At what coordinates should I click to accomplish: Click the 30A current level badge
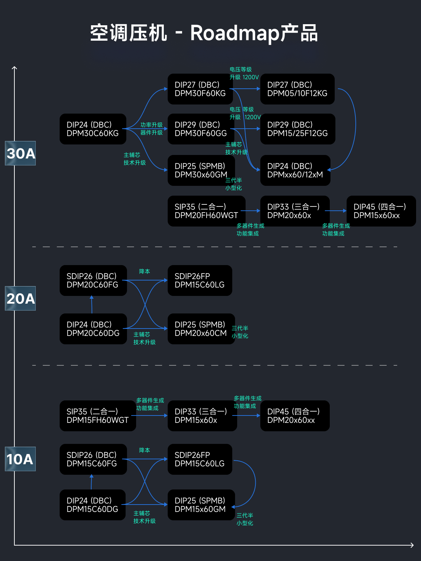click(x=20, y=153)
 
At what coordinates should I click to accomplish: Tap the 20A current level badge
click(x=20, y=298)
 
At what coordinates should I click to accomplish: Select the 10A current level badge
click(x=20, y=459)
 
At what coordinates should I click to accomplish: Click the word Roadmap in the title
click(x=234, y=33)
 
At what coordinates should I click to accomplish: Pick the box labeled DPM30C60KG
click(x=93, y=129)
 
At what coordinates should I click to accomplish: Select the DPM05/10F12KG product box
click(x=297, y=89)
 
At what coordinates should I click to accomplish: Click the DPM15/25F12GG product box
click(x=298, y=129)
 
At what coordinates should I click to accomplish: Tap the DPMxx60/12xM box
click(x=295, y=170)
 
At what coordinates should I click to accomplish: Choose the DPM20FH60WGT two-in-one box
click(x=206, y=211)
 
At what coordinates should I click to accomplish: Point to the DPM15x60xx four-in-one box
click(x=381, y=211)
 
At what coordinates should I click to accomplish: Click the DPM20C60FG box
click(x=93, y=280)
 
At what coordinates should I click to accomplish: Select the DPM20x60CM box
click(x=201, y=329)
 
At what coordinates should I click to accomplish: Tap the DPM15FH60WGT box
click(x=98, y=416)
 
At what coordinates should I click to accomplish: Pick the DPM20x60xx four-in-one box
click(x=295, y=416)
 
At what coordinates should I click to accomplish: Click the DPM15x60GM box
click(x=201, y=505)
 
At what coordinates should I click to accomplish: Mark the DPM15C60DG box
click(x=92, y=505)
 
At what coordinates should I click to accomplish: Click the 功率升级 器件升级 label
click(x=152, y=129)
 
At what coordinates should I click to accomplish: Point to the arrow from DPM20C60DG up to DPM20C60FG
click(x=92, y=304)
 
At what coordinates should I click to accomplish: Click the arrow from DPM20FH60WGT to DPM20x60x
click(x=250, y=211)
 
